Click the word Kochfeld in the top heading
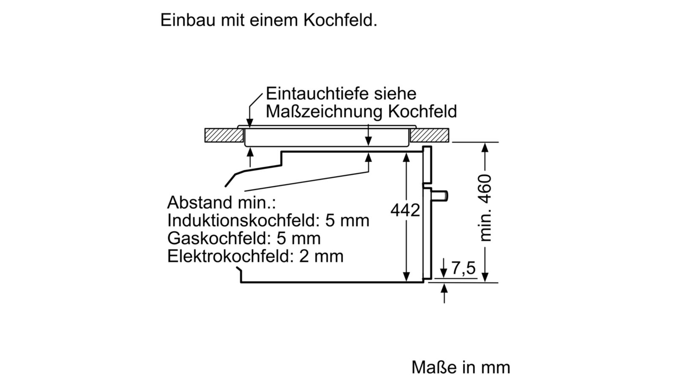pos(341,20)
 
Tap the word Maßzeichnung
pos(324,111)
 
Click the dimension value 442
pos(405,210)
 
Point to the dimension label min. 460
pos(485,208)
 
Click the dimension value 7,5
pos(463,268)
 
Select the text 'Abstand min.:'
pos(221,202)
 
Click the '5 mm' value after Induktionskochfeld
pos(347,220)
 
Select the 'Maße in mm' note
pos(461,367)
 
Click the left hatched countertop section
pos(224,135)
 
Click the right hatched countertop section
pos(429,135)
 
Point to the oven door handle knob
pos(440,196)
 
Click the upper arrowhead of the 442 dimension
pos(406,158)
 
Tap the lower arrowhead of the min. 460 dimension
pos(485,277)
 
